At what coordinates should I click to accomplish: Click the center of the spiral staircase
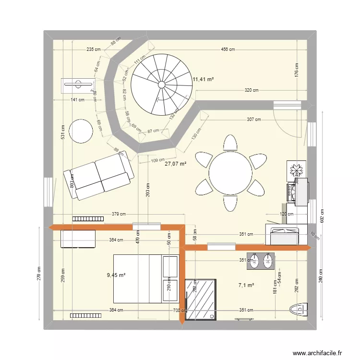click(161, 84)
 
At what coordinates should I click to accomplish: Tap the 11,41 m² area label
click(203, 80)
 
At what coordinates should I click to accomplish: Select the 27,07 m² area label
click(175, 164)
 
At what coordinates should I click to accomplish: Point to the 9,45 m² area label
click(116, 275)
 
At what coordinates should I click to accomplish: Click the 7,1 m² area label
click(246, 285)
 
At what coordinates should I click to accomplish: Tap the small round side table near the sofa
click(81, 131)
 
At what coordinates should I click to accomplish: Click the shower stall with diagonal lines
click(201, 299)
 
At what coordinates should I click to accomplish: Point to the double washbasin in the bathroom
click(261, 261)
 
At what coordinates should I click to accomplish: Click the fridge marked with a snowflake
click(293, 169)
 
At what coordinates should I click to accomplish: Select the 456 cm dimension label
click(228, 49)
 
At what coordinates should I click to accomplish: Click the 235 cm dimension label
click(93, 49)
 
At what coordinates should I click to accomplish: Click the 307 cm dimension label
click(254, 120)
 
